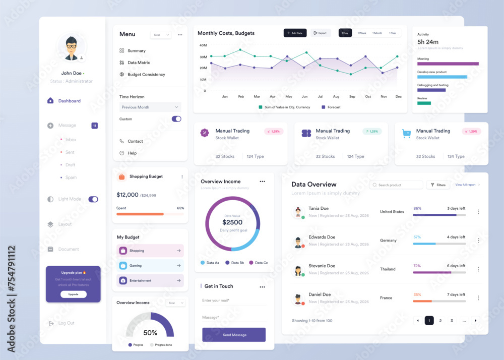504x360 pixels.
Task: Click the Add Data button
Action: tap(295, 33)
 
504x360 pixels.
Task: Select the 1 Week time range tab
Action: tap(362, 33)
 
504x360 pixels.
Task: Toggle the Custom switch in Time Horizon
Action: tap(176, 119)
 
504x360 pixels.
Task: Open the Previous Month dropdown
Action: tap(150, 107)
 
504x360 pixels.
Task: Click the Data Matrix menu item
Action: tap(138, 63)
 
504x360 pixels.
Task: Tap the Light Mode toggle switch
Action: tap(93, 199)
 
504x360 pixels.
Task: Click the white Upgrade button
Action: tap(73, 294)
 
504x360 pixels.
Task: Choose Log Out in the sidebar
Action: tap(66, 323)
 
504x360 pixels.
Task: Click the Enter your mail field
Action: tap(233, 301)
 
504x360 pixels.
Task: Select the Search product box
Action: tap(396, 185)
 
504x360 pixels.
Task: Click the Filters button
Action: tap(437, 185)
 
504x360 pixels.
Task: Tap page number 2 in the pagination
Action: tap(440, 321)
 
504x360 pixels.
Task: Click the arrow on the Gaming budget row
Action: tap(178, 265)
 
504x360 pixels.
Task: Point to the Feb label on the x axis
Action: tap(241, 96)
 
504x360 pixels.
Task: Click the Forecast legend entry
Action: tap(331, 107)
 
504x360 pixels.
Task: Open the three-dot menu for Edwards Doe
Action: tap(478, 241)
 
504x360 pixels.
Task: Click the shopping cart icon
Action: tap(406, 134)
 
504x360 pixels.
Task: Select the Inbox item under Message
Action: tap(71, 140)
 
